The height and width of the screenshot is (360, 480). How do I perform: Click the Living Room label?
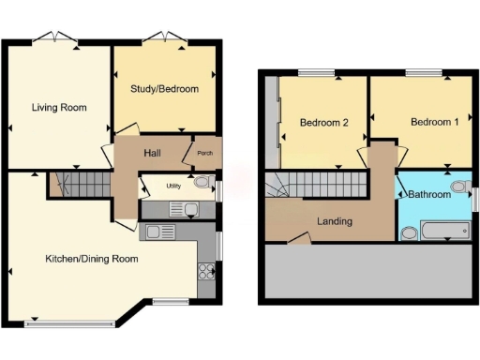click(58, 108)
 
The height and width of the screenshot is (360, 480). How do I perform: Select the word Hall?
click(155, 153)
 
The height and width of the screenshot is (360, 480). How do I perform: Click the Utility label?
click(173, 186)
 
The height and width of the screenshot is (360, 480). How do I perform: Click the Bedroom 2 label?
click(324, 123)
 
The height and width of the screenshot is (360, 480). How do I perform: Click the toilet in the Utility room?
click(202, 184)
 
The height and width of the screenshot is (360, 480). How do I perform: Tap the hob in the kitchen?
click(206, 273)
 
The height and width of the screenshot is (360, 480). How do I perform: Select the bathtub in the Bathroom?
click(445, 231)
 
